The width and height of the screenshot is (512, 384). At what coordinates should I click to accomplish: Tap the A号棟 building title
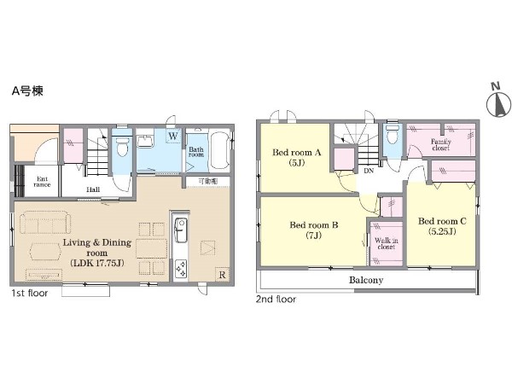27,91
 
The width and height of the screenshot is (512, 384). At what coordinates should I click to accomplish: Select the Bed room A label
297,157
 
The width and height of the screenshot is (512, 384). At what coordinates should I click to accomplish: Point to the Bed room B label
314,230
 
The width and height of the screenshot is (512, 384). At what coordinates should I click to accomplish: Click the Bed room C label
442,226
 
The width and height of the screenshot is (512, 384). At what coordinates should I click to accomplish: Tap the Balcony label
366,280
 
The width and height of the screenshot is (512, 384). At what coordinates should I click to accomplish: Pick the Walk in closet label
387,243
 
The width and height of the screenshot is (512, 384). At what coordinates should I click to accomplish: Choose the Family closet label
441,145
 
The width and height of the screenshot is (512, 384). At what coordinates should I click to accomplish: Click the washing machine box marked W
173,136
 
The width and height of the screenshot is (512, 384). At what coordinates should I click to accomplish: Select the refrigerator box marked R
222,275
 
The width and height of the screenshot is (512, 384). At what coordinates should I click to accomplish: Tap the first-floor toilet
122,147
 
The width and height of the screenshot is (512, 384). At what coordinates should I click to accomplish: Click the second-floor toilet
392,133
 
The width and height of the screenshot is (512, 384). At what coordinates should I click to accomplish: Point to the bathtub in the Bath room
220,150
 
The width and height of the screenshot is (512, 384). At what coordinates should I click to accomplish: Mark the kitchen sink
181,230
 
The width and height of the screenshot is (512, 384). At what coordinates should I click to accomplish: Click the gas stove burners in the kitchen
181,269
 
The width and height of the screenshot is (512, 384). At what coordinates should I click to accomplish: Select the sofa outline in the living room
45,223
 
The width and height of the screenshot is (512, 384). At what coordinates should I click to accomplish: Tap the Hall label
93,189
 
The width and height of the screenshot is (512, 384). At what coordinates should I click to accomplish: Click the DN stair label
369,171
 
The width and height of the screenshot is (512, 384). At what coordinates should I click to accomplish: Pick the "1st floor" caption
30,294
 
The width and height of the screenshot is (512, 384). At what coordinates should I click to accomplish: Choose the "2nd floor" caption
276,300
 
